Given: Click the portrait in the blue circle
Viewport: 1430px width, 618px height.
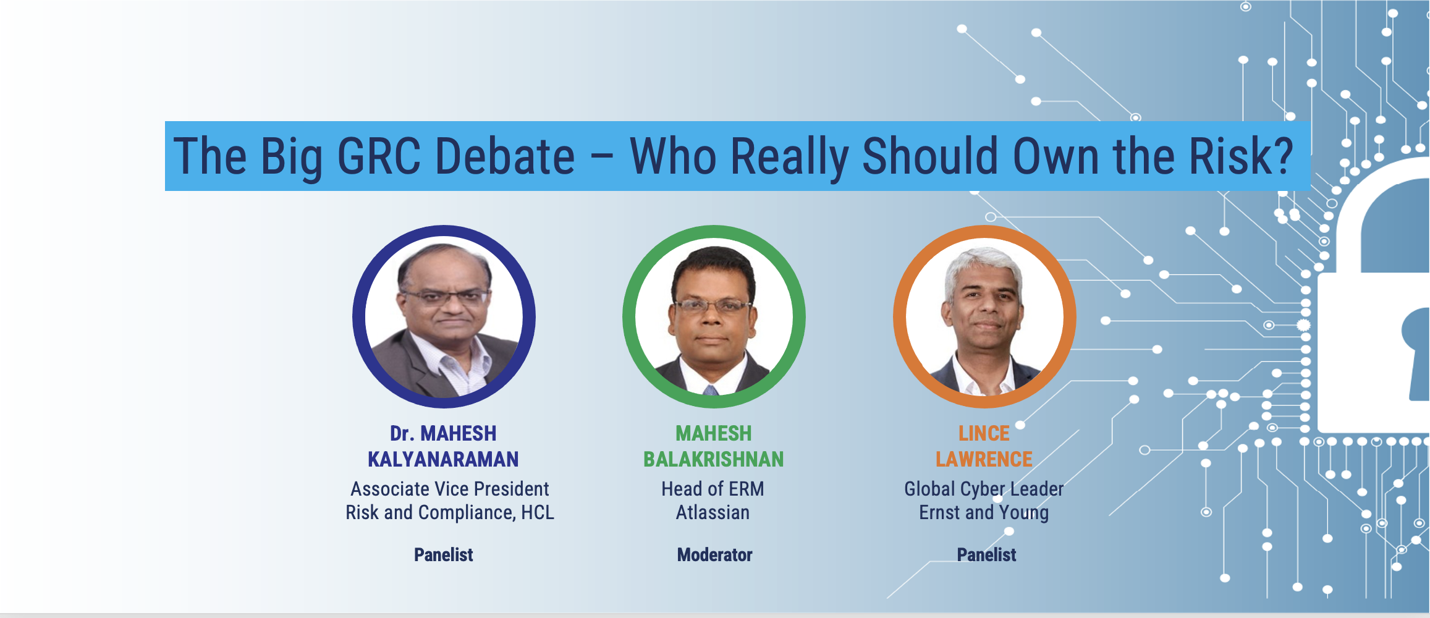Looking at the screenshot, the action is [x=444, y=316].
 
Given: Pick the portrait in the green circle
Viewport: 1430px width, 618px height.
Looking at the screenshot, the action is [x=714, y=316].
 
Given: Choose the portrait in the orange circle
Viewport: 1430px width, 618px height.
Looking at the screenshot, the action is [x=984, y=316].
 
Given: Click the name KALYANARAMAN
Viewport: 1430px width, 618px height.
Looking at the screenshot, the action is [x=443, y=459].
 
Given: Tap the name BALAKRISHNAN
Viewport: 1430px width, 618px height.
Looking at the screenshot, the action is [x=714, y=459].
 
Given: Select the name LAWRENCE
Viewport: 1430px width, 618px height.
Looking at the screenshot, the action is [x=984, y=459].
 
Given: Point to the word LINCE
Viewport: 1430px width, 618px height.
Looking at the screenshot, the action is [x=984, y=433].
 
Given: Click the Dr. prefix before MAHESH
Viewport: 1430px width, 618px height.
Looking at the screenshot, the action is [x=402, y=433].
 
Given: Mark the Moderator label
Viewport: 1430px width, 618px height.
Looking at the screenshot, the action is [x=714, y=554].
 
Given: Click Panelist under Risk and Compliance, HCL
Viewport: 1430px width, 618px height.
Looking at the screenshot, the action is [x=444, y=554].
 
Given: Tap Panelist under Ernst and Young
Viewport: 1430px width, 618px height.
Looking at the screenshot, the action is [x=986, y=554].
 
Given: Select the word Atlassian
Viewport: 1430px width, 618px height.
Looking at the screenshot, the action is [x=713, y=512].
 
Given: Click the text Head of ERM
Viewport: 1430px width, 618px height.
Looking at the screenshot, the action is [x=713, y=489].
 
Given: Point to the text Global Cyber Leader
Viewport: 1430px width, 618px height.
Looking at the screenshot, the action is [x=984, y=489].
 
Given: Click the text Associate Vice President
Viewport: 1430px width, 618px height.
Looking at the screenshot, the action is [x=450, y=489].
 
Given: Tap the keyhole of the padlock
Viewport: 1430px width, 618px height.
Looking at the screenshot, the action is [x=1418, y=352].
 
